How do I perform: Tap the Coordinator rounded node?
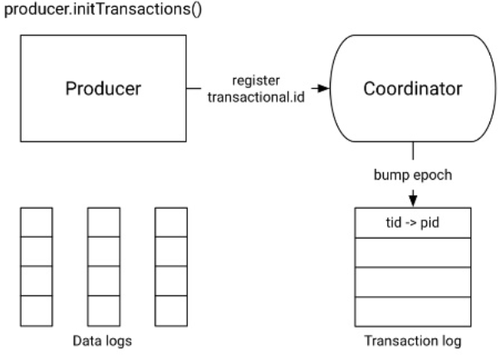point(413,88)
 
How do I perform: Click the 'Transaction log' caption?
point(413,343)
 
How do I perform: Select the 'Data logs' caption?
point(103,343)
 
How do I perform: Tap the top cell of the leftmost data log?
point(37,222)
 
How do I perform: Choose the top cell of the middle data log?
point(103,222)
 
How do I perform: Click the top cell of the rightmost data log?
point(169,222)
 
